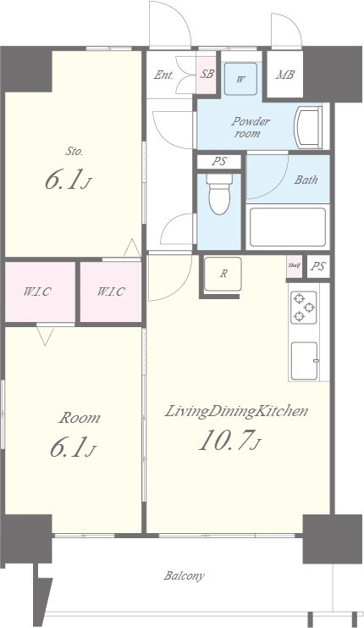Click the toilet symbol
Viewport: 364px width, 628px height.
coord(218,194)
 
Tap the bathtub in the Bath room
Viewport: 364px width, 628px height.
coord(288,227)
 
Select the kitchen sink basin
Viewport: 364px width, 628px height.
coord(305,360)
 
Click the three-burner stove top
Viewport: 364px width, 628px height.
coord(304,308)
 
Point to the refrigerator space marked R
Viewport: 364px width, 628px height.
coord(223,275)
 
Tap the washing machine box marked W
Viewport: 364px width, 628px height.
coord(240,79)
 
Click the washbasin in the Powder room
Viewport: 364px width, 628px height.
coord(308,127)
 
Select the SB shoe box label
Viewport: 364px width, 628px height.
coord(207,74)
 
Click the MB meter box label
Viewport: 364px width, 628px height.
coord(285,75)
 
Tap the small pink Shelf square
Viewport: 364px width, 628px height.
coord(294,266)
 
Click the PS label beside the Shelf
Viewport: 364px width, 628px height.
coord(318,266)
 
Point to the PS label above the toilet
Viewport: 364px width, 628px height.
coord(219,161)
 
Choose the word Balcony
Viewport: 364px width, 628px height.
coord(184,576)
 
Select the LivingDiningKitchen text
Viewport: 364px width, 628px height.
coord(236,411)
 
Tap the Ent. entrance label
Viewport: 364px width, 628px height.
coord(163,75)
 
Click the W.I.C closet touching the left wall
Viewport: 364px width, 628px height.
coord(40,292)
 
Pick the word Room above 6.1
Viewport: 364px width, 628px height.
coord(80,418)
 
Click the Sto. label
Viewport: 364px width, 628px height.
coord(74,152)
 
